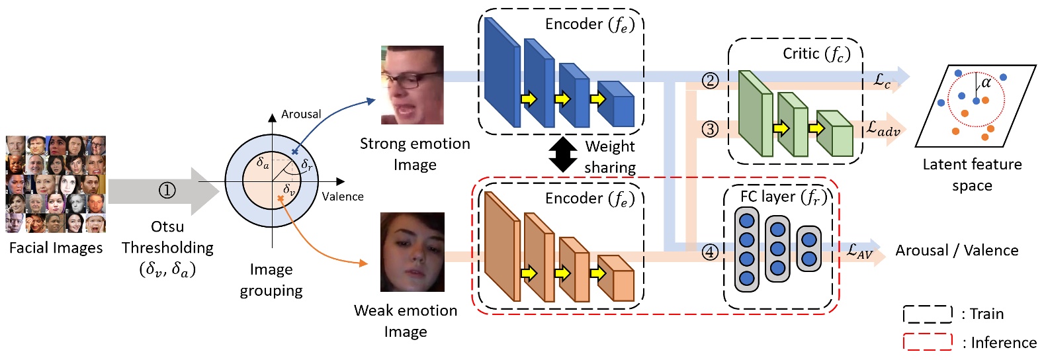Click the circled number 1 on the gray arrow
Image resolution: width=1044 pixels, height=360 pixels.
coord(167,191)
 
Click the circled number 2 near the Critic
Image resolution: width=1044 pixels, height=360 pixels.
coord(710,81)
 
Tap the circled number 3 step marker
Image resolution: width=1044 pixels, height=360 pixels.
coord(710,129)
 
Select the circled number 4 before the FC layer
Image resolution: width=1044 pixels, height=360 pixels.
coord(710,252)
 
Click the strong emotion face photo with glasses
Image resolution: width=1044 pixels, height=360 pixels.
coord(412,85)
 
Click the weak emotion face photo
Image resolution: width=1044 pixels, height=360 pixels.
coord(412,252)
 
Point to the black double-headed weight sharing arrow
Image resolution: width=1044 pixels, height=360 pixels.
coord(563,154)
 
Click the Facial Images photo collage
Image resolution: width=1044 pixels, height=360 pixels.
coord(56,185)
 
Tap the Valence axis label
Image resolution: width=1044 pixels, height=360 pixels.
coord(343,197)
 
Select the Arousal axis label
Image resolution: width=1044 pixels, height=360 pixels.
coord(301,114)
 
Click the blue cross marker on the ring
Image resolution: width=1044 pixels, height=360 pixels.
coord(295,152)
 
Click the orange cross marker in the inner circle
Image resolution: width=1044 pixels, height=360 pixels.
coord(281,198)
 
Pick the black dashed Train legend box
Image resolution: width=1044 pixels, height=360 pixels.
coord(928,314)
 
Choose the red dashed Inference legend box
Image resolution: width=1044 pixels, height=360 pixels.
coord(928,342)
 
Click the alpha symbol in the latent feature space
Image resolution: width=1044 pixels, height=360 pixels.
coord(986,83)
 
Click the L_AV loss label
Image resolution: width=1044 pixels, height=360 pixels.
coord(860,251)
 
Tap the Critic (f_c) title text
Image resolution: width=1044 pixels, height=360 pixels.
coord(816,54)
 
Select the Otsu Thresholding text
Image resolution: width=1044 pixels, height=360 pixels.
coord(167,238)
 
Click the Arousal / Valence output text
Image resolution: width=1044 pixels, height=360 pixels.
coord(957,251)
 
